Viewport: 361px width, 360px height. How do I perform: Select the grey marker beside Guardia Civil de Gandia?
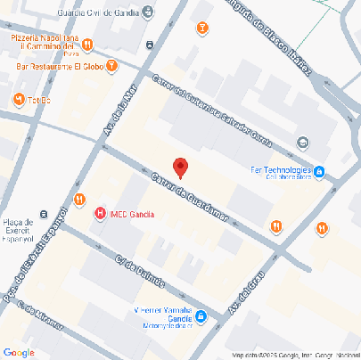pos(148,12)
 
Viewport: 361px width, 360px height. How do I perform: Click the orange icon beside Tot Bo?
pos(18,98)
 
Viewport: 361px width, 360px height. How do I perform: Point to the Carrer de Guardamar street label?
pos(191,198)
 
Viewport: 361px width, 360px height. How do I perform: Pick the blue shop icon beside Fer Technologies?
pos(319,170)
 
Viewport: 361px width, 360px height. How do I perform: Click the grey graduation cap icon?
pos(303,143)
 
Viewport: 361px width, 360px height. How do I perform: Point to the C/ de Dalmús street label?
pos(140,271)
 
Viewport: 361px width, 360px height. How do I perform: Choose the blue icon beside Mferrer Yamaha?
pos(201,315)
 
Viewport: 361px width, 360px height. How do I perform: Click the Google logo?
pos(19,352)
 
